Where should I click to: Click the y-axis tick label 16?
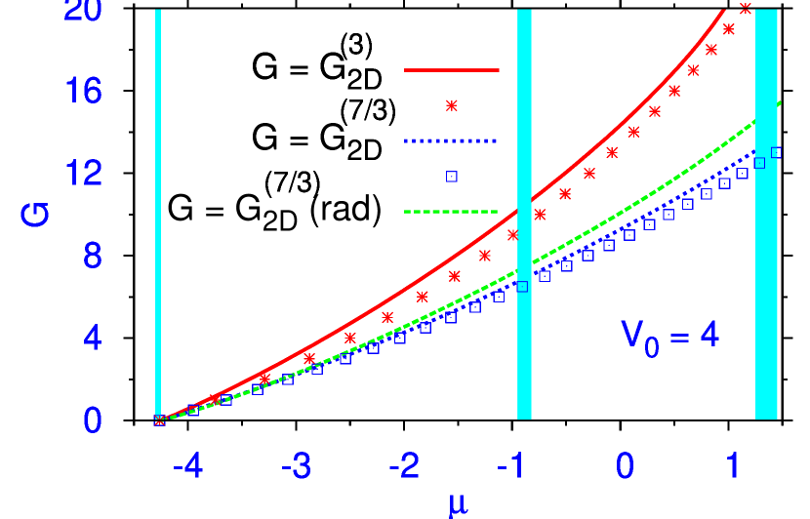point(83,91)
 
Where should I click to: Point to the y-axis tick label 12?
point(83,174)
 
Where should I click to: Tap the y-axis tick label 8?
point(92,256)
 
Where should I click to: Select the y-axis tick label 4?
point(92,339)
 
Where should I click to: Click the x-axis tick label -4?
point(187,466)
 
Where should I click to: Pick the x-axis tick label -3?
point(296,466)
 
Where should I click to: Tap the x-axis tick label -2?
point(404,466)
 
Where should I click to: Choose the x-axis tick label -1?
point(512,466)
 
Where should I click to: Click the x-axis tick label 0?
point(625,466)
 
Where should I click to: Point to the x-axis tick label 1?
point(733,466)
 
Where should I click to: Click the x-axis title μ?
point(459,503)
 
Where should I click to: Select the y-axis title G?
point(35,214)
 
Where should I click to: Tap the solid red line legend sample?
point(451,70)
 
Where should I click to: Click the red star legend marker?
point(451,105)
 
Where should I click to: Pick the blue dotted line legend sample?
point(451,141)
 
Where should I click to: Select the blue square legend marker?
point(452,177)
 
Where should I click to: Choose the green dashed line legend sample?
point(451,212)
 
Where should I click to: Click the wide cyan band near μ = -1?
point(524,215)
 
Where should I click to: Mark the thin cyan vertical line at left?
point(158,215)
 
